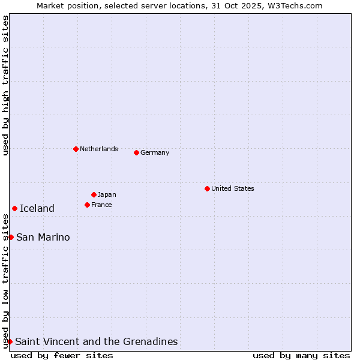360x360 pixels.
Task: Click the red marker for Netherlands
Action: coord(76,149)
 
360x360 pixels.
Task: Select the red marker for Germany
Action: coord(136,152)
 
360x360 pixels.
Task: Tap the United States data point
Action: coord(207,188)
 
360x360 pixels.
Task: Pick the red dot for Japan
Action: coord(94,194)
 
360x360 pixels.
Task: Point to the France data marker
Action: coord(87,205)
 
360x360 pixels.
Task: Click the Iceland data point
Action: coord(14,208)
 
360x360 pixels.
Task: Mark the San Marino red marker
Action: coord(11,237)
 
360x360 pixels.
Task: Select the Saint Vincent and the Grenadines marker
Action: coord(10,341)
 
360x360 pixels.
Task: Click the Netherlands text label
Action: coord(99,149)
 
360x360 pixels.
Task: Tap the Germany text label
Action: coord(155,152)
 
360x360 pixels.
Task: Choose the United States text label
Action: coord(233,188)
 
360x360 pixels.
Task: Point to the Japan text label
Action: coord(107,194)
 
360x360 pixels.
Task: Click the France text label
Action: coord(101,205)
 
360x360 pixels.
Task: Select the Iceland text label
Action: coord(37,208)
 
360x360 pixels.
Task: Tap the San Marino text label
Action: coord(43,237)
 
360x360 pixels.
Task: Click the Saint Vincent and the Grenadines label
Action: coord(97,341)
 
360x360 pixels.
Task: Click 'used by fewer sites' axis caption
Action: coord(62,355)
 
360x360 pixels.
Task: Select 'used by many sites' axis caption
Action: coord(301,355)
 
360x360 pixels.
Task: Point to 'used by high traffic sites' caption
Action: coord(5,85)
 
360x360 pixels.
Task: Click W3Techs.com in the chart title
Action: coord(295,5)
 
